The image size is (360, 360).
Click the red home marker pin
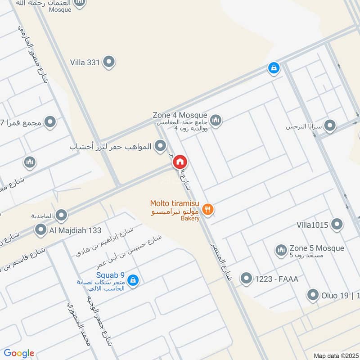(x=180, y=162)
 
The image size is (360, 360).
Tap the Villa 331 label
(x=85, y=63)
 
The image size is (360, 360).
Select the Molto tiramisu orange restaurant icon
(x=207, y=209)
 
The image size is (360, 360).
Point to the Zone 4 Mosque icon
(x=216, y=120)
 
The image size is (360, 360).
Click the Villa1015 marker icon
(x=337, y=224)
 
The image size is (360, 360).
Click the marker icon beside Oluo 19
(x=313, y=296)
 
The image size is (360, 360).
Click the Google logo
(x=19, y=353)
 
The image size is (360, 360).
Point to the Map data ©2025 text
(x=335, y=355)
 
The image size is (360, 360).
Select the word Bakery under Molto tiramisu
(x=190, y=218)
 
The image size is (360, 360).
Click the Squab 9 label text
(x=110, y=275)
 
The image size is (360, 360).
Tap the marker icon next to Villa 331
(x=108, y=62)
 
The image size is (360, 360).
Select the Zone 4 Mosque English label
(x=180, y=115)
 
